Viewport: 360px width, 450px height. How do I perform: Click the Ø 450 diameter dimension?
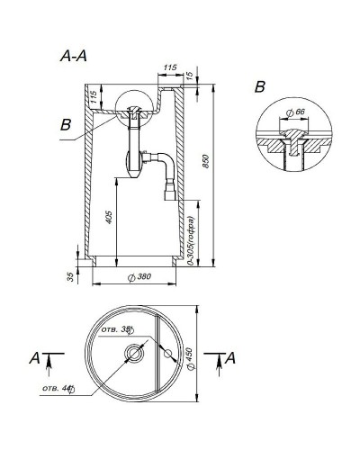(x=189, y=356)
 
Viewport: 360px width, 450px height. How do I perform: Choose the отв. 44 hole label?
(x=56, y=389)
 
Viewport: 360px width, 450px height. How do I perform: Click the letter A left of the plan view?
(x=34, y=358)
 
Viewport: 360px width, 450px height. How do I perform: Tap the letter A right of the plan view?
(x=230, y=358)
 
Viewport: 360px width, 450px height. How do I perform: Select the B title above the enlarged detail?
(x=259, y=86)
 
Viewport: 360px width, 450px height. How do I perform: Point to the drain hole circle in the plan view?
(x=134, y=352)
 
